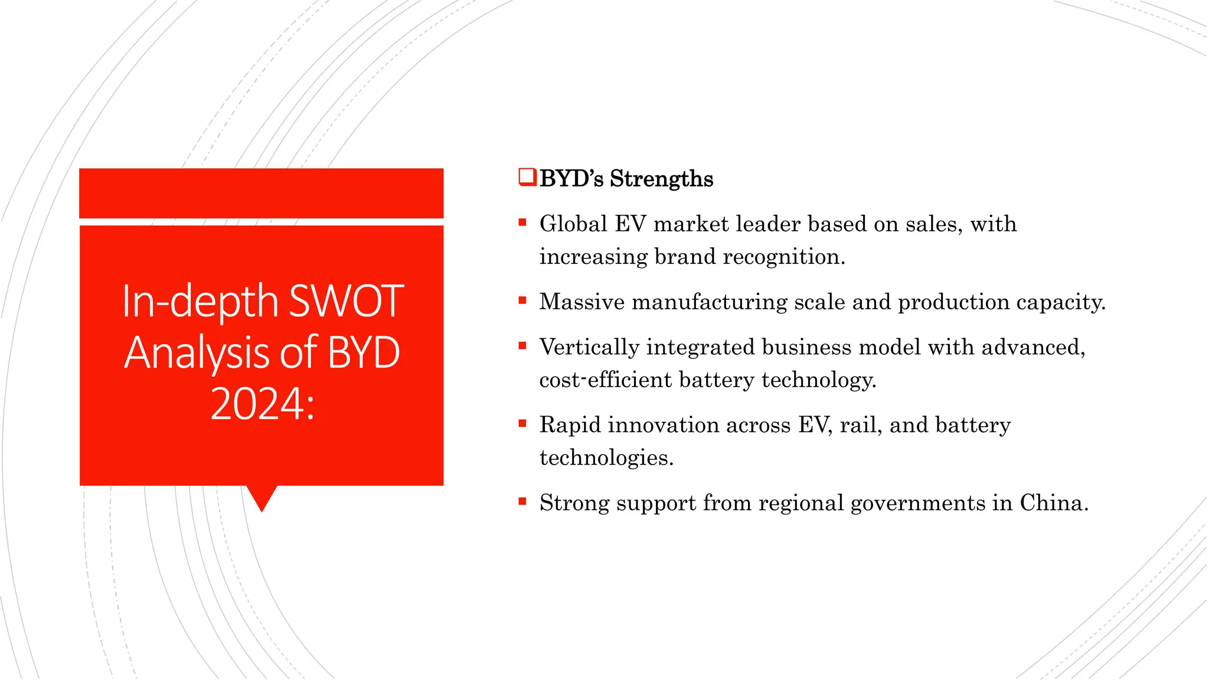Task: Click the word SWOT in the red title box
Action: click(347, 302)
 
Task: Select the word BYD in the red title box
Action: click(363, 353)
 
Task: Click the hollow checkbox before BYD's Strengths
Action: click(527, 177)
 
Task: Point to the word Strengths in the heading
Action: click(661, 179)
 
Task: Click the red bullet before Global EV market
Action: click(522, 223)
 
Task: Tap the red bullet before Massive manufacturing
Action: click(522, 300)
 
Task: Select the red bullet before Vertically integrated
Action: click(522, 346)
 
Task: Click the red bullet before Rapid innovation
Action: click(522, 423)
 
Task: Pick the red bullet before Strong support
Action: click(522, 502)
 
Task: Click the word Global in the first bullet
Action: click(573, 224)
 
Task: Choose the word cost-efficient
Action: click(605, 380)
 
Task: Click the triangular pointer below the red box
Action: click(262, 497)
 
